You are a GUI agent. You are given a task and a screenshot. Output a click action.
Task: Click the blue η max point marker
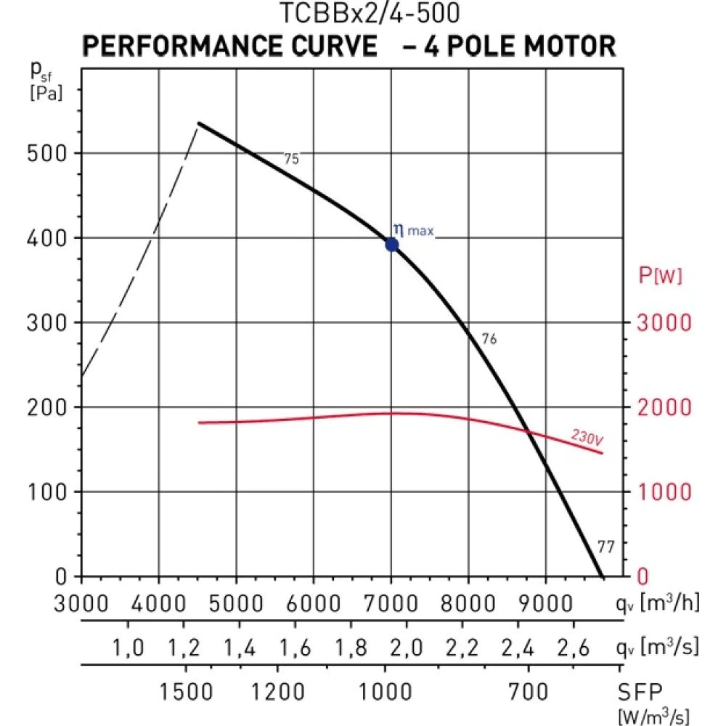tap(392, 245)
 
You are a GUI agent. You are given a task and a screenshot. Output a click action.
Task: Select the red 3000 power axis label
tap(664, 323)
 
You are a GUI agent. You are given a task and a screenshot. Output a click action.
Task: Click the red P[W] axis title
tap(660, 275)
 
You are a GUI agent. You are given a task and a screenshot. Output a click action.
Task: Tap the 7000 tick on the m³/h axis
tap(391, 603)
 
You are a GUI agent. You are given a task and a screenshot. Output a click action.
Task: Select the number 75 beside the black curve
tap(291, 159)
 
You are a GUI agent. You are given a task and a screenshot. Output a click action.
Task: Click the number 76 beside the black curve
tap(489, 338)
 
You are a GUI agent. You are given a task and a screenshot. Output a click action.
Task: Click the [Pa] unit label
tap(46, 94)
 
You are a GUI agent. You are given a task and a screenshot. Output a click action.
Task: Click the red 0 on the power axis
tap(641, 577)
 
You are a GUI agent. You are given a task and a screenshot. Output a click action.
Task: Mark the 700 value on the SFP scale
tap(528, 691)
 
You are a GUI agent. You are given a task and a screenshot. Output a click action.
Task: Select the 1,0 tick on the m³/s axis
tap(128, 647)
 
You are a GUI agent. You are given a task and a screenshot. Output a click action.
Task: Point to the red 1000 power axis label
tap(664, 492)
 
